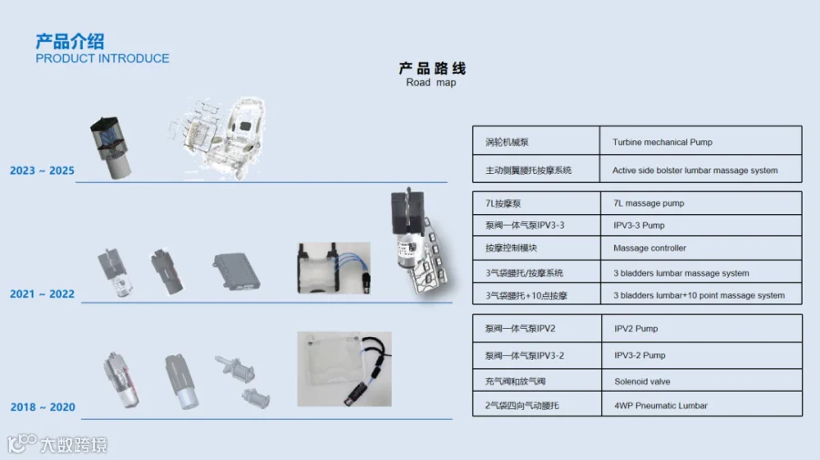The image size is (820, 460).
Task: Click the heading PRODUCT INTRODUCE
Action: (x=102, y=58)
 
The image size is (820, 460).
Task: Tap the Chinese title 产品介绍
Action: (x=69, y=41)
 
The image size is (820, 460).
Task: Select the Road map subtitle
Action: (x=431, y=83)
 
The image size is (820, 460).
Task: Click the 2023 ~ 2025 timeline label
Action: (x=42, y=170)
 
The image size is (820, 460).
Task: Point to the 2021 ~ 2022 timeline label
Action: (x=42, y=294)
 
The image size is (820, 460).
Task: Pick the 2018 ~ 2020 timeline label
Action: (x=42, y=407)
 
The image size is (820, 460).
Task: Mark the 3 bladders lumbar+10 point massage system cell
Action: (x=699, y=295)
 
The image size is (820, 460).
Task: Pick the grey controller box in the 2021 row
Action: (x=236, y=270)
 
